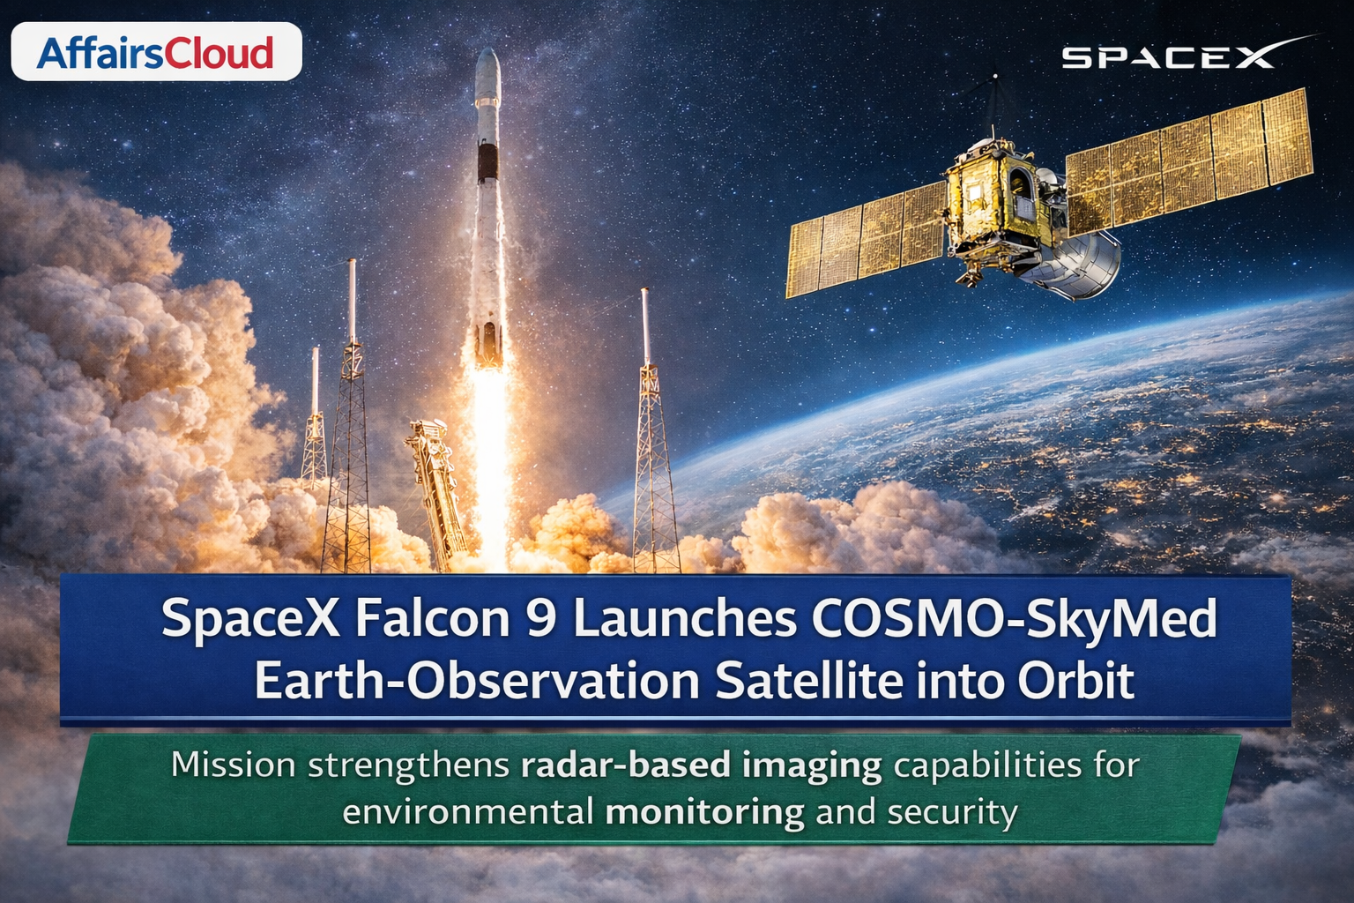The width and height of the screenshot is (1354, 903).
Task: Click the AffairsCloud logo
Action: tap(157, 52)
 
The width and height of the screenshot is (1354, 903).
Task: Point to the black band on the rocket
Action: tap(487, 162)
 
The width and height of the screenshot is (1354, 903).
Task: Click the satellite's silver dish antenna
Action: tap(1073, 266)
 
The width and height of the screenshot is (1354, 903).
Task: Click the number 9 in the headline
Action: tap(541, 617)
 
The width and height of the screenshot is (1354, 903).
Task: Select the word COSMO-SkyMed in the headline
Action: tap(1015, 618)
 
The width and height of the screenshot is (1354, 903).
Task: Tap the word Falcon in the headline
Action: tap(433, 617)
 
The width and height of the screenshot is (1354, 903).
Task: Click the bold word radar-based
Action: tap(626, 765)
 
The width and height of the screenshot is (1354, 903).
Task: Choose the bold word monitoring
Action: tap(705, 813)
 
